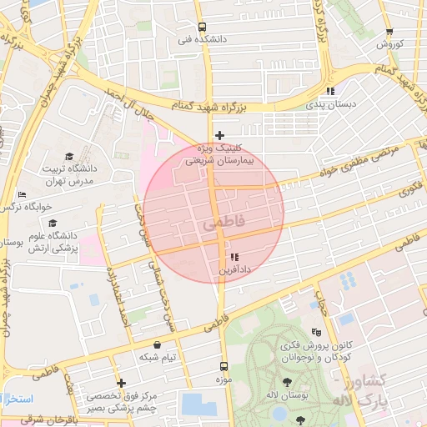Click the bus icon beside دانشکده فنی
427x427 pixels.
click(201, 27)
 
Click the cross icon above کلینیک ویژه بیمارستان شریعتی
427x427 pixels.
click(219, 135)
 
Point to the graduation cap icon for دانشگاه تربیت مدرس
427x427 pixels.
click(69, 157)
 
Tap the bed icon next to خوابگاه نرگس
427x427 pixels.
click(22, 195)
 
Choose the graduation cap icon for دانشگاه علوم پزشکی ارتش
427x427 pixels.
click(53, 224)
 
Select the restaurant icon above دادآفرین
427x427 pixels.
click(234, 257)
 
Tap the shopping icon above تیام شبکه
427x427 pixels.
click(157, 344)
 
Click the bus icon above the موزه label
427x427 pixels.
click(223, 365)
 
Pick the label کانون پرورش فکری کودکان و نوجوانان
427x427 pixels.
click(315, 350)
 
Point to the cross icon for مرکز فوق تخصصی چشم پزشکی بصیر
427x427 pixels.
click(122, 384)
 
